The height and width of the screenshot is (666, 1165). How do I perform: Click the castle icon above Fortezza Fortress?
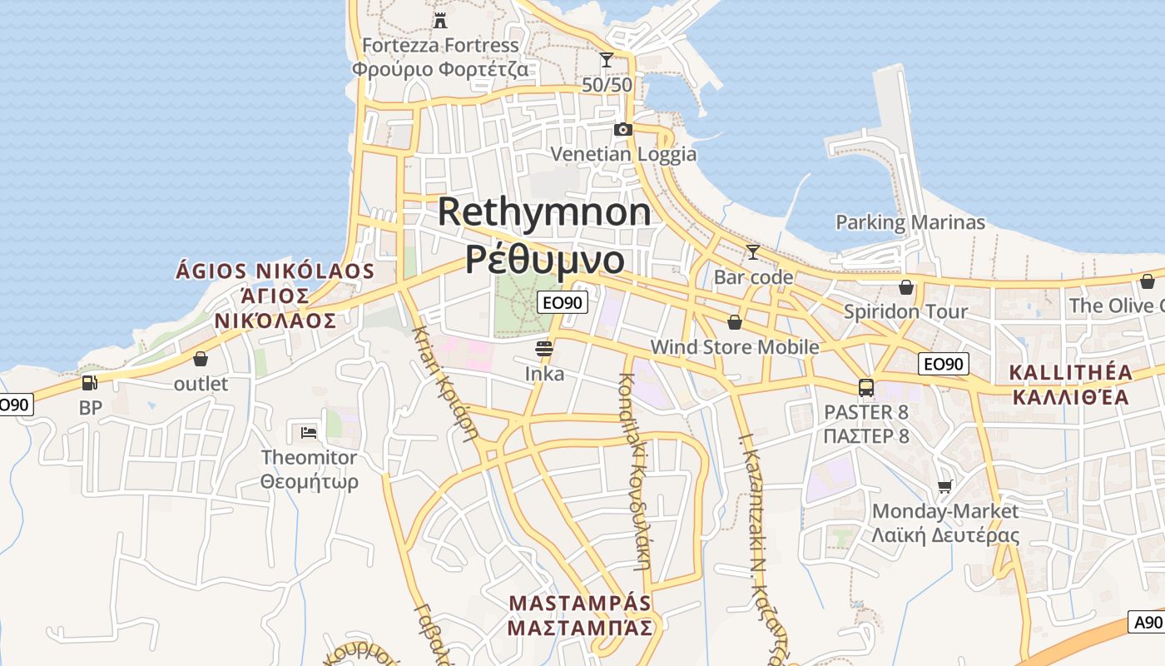coord(440,20)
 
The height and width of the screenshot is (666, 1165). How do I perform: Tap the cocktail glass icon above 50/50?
coord(607,60)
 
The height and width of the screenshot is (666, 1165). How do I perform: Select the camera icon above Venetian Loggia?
coord(622,129)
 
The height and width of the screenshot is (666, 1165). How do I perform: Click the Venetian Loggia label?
coord(624,154)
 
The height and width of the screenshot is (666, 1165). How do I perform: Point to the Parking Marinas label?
coord(910,222)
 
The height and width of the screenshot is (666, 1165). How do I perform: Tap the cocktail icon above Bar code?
coord(753,251)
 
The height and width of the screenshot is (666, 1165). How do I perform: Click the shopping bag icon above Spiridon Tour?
coord(906,287)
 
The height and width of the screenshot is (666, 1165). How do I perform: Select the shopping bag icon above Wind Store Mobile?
coord(734,321)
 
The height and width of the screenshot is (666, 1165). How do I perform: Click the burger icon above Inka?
coord(544,348)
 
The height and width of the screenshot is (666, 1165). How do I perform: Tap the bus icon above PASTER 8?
coord(866,387)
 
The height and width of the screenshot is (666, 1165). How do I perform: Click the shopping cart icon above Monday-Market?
coord(944,486)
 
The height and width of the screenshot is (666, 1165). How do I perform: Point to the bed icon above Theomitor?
coord(308,432)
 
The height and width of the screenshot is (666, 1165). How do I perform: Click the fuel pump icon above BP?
coord(89,383)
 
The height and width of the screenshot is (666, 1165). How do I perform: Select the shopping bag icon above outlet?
coord(200,359)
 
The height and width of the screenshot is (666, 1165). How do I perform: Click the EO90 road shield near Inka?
coord(563,302)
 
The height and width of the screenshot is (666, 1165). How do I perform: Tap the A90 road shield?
coord(1147,622)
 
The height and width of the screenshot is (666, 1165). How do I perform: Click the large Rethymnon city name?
coord(544,211)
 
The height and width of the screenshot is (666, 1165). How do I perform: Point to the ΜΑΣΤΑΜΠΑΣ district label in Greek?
coord(580,628)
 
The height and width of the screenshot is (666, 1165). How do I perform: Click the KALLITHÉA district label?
coord(1070,371)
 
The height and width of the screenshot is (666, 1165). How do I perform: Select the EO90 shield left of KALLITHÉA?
coord(944,364)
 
